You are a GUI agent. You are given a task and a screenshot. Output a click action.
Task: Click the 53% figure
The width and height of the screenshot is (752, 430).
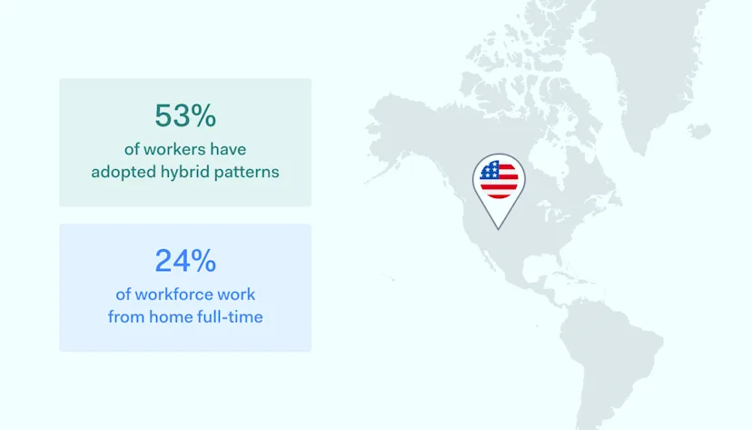tap(185, 116)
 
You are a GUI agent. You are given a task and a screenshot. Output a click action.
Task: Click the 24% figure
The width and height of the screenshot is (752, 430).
tap(185, 262)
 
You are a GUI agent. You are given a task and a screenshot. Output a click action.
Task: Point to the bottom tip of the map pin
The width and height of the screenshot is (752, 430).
tap(499, 228)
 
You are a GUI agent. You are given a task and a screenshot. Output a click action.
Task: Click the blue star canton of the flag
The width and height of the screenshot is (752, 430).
tap(490, 170)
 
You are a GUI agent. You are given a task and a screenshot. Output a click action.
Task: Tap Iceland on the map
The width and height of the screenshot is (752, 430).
tap(698, 132)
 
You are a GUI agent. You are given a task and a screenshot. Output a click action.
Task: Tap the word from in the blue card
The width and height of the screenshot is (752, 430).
tap(126, 316)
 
